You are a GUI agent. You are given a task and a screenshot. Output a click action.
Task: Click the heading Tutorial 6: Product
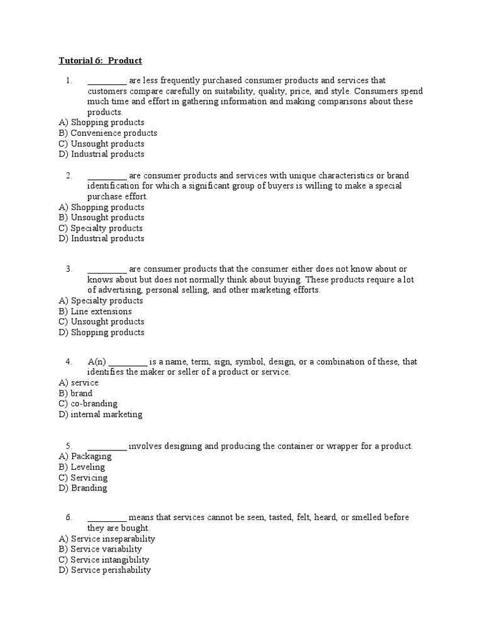point(100,60)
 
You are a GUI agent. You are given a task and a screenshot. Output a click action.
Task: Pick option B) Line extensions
point(95,311)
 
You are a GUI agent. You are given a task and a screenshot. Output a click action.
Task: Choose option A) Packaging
point(85,457)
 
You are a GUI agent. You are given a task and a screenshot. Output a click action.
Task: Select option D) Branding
point(83,488)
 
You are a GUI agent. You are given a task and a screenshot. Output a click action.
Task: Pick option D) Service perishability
point(105,570)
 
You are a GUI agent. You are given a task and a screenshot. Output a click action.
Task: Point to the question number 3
point(69,269)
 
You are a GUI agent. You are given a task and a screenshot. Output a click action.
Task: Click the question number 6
point(69,518)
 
